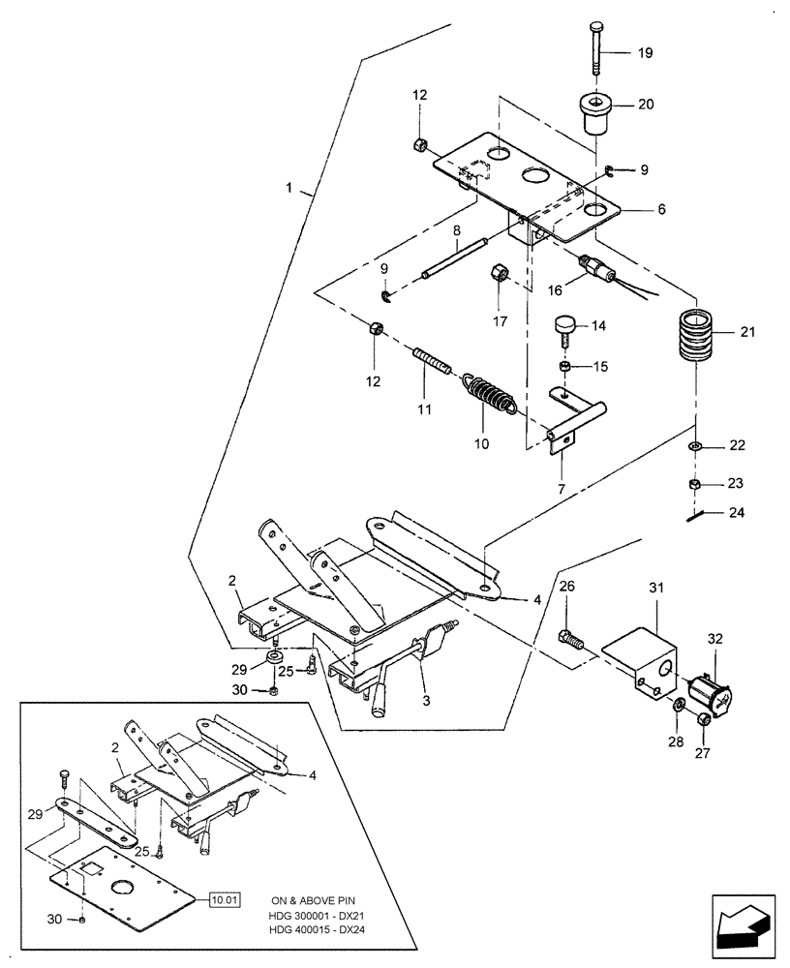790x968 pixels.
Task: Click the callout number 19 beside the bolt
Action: [645, 53]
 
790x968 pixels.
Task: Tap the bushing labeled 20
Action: [594, 113]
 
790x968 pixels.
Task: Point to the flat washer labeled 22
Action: [694, 447]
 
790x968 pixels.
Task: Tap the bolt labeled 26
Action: [569, 639]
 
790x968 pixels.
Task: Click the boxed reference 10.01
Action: [224, 900]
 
